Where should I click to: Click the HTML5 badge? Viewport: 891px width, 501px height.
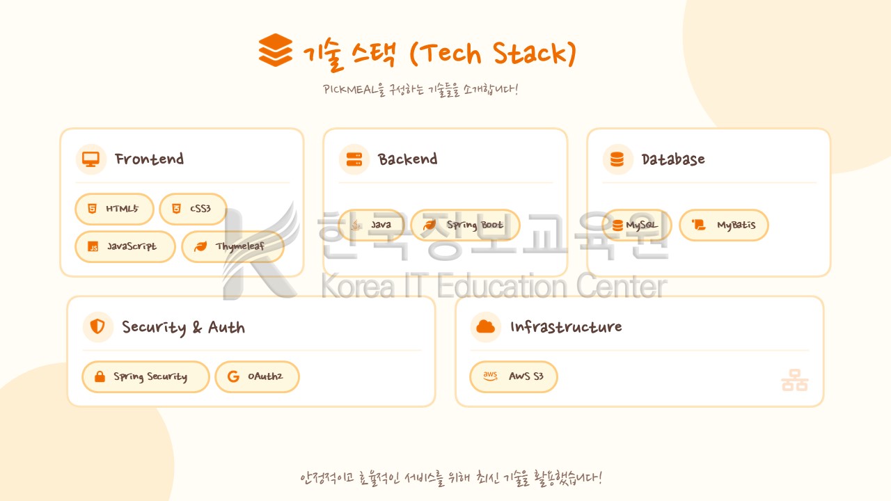point(114,209)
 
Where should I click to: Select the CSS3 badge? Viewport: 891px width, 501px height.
point(193,209)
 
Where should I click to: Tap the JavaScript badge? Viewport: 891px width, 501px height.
point(125,246)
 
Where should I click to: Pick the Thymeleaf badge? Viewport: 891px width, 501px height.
point(232,246)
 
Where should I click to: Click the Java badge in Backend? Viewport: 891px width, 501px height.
point(371,225)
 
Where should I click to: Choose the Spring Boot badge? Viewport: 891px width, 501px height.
point(465,225)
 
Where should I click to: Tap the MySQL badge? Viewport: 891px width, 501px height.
point(637,225)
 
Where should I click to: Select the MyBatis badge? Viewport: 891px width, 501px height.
point(724,225)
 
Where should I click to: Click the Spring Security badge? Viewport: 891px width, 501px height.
point(145,376)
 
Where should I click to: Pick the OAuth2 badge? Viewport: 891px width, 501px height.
point(257,376)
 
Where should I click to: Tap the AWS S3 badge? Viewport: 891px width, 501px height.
point(514,376)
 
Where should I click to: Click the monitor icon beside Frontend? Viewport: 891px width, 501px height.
point(90,159)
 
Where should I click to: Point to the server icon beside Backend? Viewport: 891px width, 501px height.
point(354,159)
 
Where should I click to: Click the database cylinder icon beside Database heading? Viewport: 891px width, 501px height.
point(617,159)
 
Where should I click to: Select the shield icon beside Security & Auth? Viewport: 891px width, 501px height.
point(97,326)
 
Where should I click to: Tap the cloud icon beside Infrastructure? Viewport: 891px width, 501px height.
point(485,326)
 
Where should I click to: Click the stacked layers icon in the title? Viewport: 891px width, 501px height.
point(275,50)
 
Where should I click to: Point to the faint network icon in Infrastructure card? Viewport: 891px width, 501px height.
point(794,380)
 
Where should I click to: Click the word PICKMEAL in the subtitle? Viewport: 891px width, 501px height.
point(349,90)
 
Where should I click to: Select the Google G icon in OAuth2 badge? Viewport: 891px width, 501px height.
point(233,376)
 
